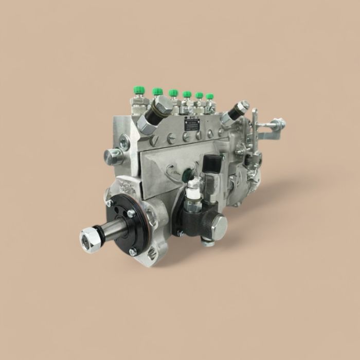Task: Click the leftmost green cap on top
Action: (x=137, y=91)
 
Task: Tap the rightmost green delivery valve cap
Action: (x=209, y=96)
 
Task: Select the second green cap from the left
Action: (x=157, y=92)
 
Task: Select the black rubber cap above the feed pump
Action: (x=211, y=163)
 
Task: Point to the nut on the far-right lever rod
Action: (x=278, y=124)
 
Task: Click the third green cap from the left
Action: (x=173, y=93)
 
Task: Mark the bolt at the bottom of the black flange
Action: (x=133, y=251)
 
